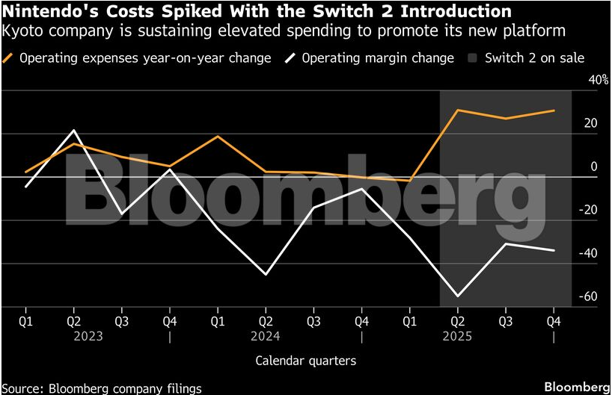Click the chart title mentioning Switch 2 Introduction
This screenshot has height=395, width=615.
click(257, 12)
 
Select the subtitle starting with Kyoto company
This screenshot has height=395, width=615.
click(284, 31)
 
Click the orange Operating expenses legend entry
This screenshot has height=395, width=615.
click(138, 57)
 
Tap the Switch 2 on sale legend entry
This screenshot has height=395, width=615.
click(526, 57)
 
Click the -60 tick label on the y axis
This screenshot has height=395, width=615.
click(589, 296)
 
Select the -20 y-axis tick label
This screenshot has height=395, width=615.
click(589, 210)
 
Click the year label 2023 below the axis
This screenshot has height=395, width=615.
click(88, 336)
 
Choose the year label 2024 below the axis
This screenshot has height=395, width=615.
click(266, 336)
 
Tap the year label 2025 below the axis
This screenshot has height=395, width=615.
click(457, 336)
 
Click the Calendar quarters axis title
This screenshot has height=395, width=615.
click(305, 361)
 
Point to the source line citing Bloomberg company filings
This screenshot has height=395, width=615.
click(102, 388)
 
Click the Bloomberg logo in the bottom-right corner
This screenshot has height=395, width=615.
click(576, 386)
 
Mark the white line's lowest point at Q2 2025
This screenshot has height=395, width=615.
click(457, 296)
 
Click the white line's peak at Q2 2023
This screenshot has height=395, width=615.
click(73, 131)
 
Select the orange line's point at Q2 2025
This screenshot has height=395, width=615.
click(457, 110)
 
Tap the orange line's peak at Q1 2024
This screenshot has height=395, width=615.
click(218, 136)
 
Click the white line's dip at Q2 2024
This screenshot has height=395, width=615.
click(266, 275)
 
